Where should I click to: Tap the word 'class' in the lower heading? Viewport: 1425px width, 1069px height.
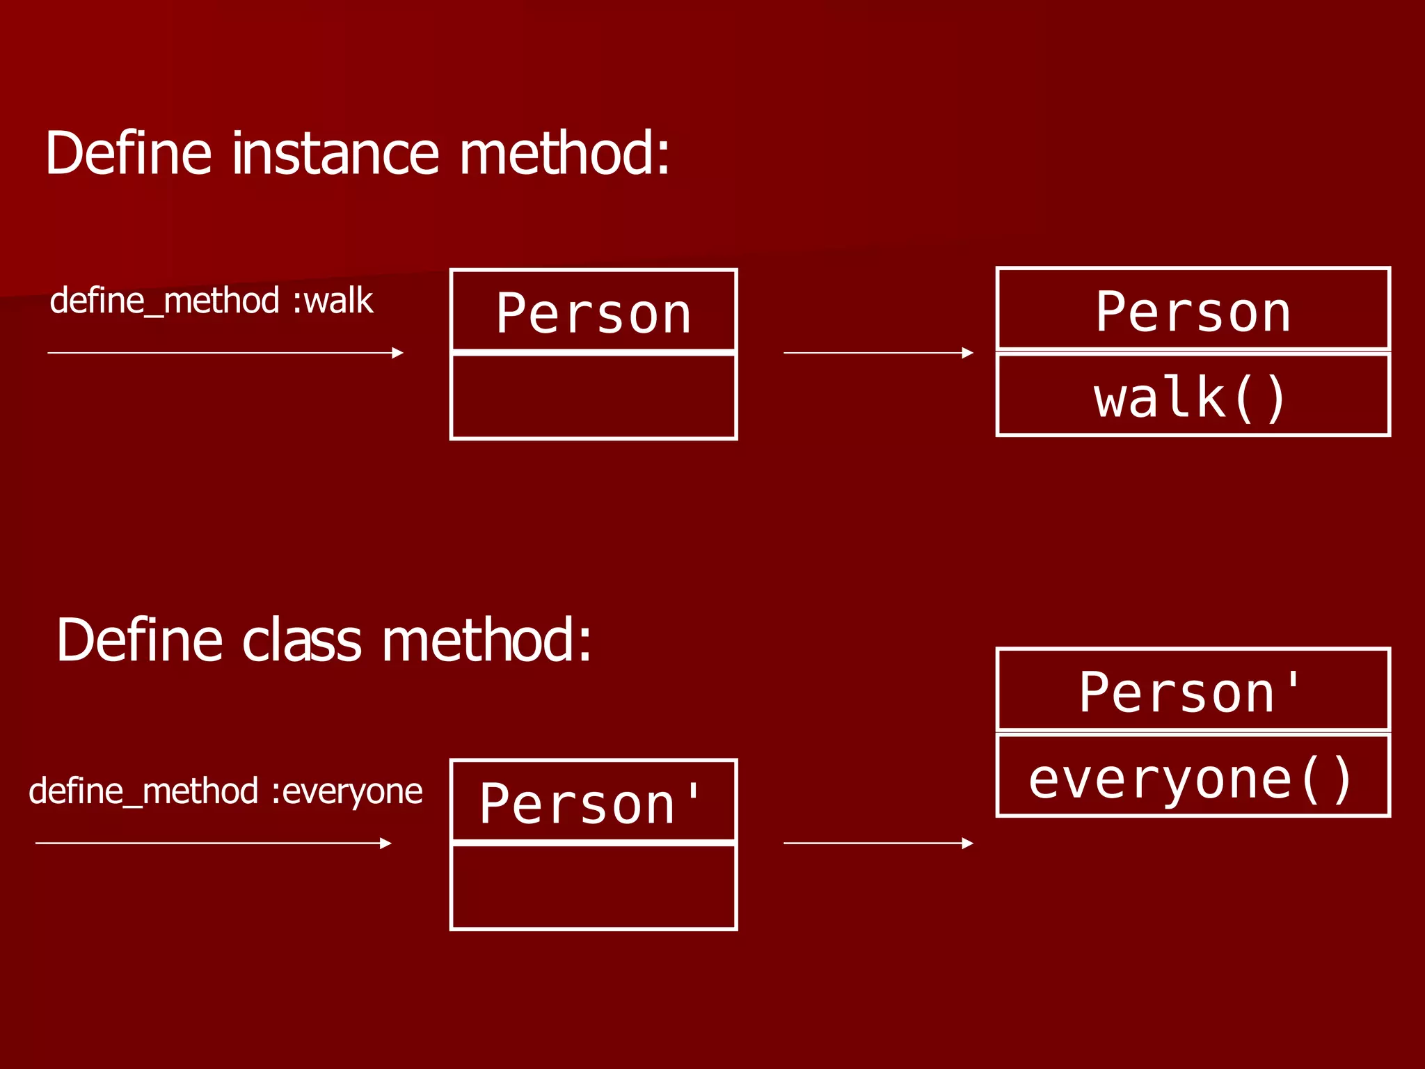coord(301,640)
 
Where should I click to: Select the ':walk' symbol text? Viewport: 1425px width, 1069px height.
coord(333,301)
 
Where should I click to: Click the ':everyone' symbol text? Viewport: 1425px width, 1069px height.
coord(347,791)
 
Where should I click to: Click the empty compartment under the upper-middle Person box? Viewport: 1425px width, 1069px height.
coord(594,397)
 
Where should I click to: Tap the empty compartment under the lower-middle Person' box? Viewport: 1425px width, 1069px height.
coord(594,887)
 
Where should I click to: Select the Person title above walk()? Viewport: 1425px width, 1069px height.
coord(1193,312)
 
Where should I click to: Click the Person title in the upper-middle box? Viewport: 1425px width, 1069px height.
coord(594,314)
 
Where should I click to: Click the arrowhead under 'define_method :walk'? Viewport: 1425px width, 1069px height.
coord(398,353)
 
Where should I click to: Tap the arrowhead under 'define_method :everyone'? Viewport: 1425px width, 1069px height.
coord(386,844)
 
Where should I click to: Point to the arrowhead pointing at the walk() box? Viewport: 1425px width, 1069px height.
coord(968,353)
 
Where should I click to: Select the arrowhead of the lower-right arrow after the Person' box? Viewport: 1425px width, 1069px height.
coord(968,844)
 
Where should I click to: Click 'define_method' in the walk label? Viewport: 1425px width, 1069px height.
coord(165,301)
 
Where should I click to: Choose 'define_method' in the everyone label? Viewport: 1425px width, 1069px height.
coord(144,791)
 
